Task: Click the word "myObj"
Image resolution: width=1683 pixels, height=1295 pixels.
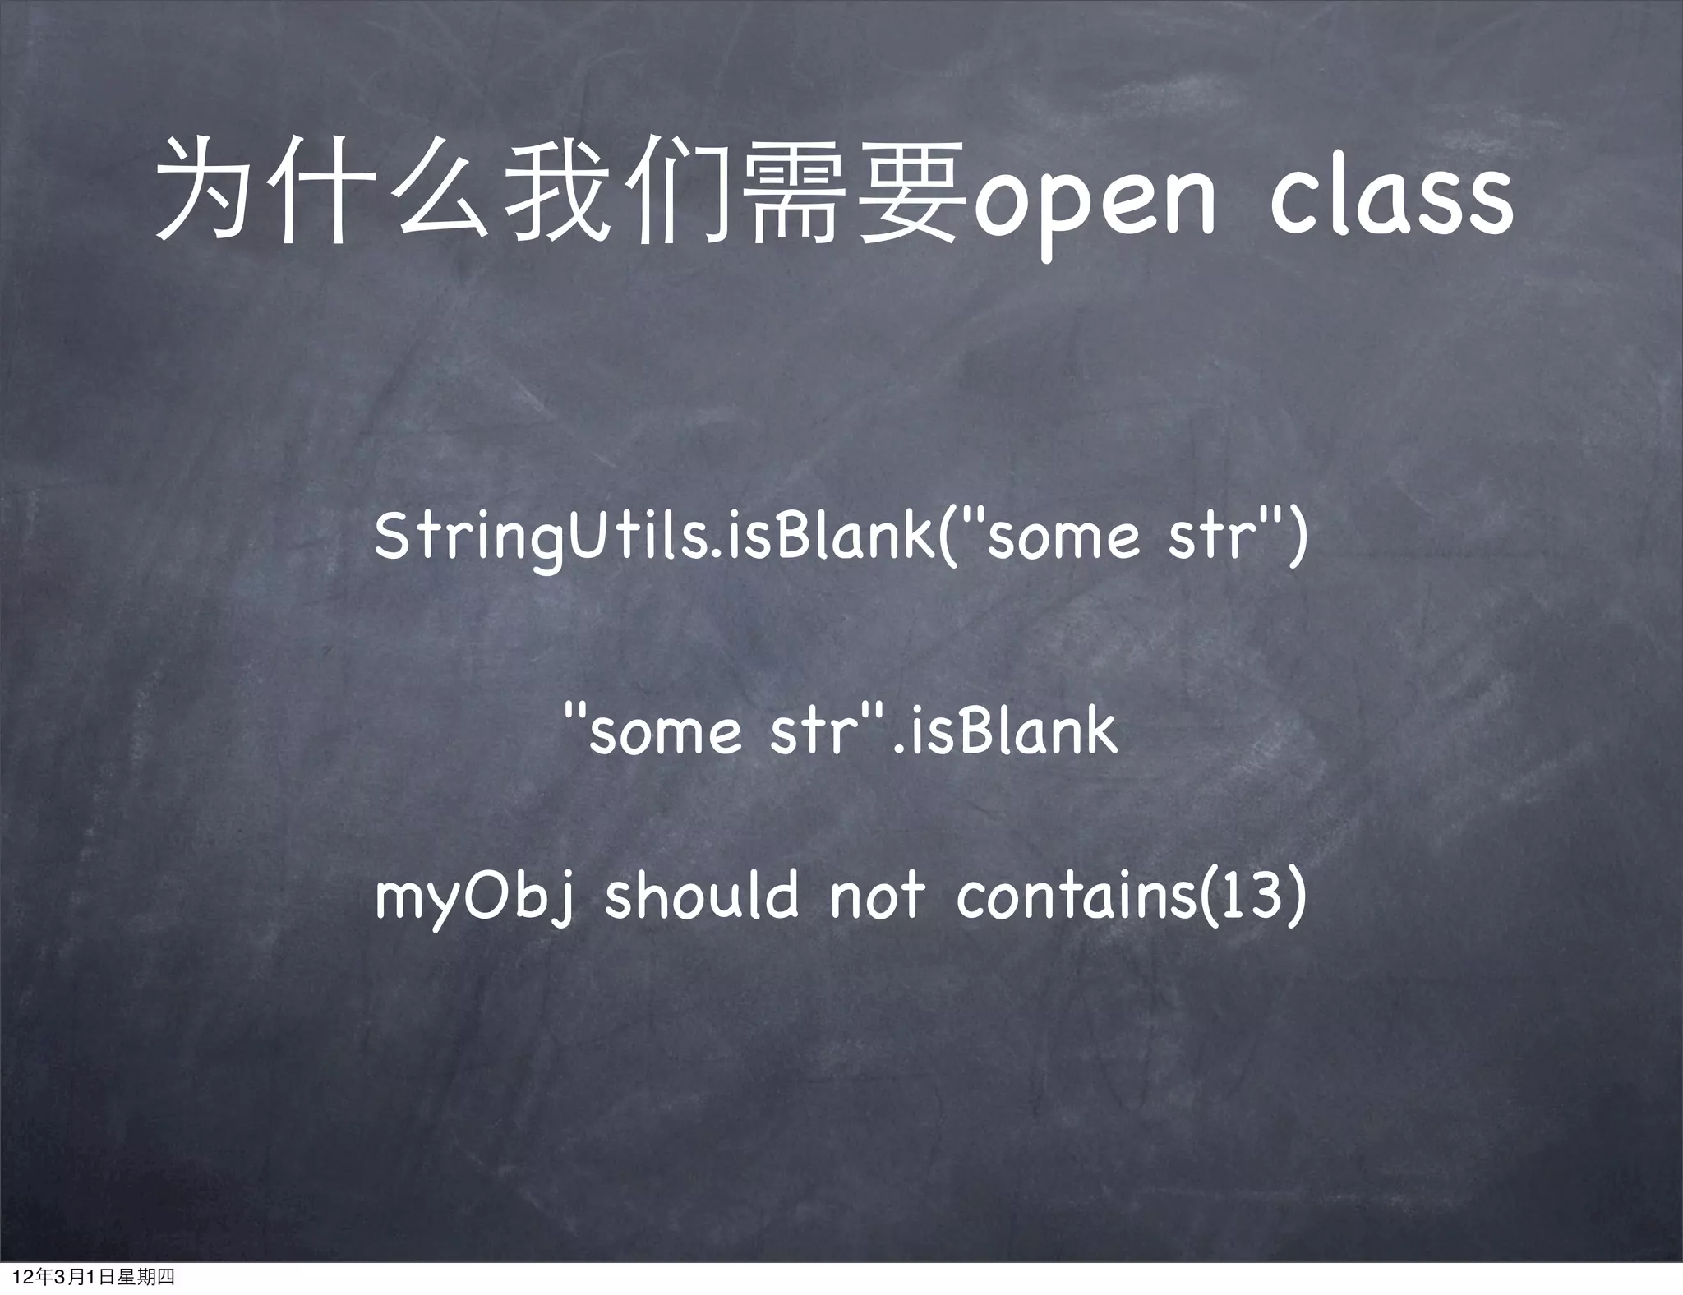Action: tap(473, 898)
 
